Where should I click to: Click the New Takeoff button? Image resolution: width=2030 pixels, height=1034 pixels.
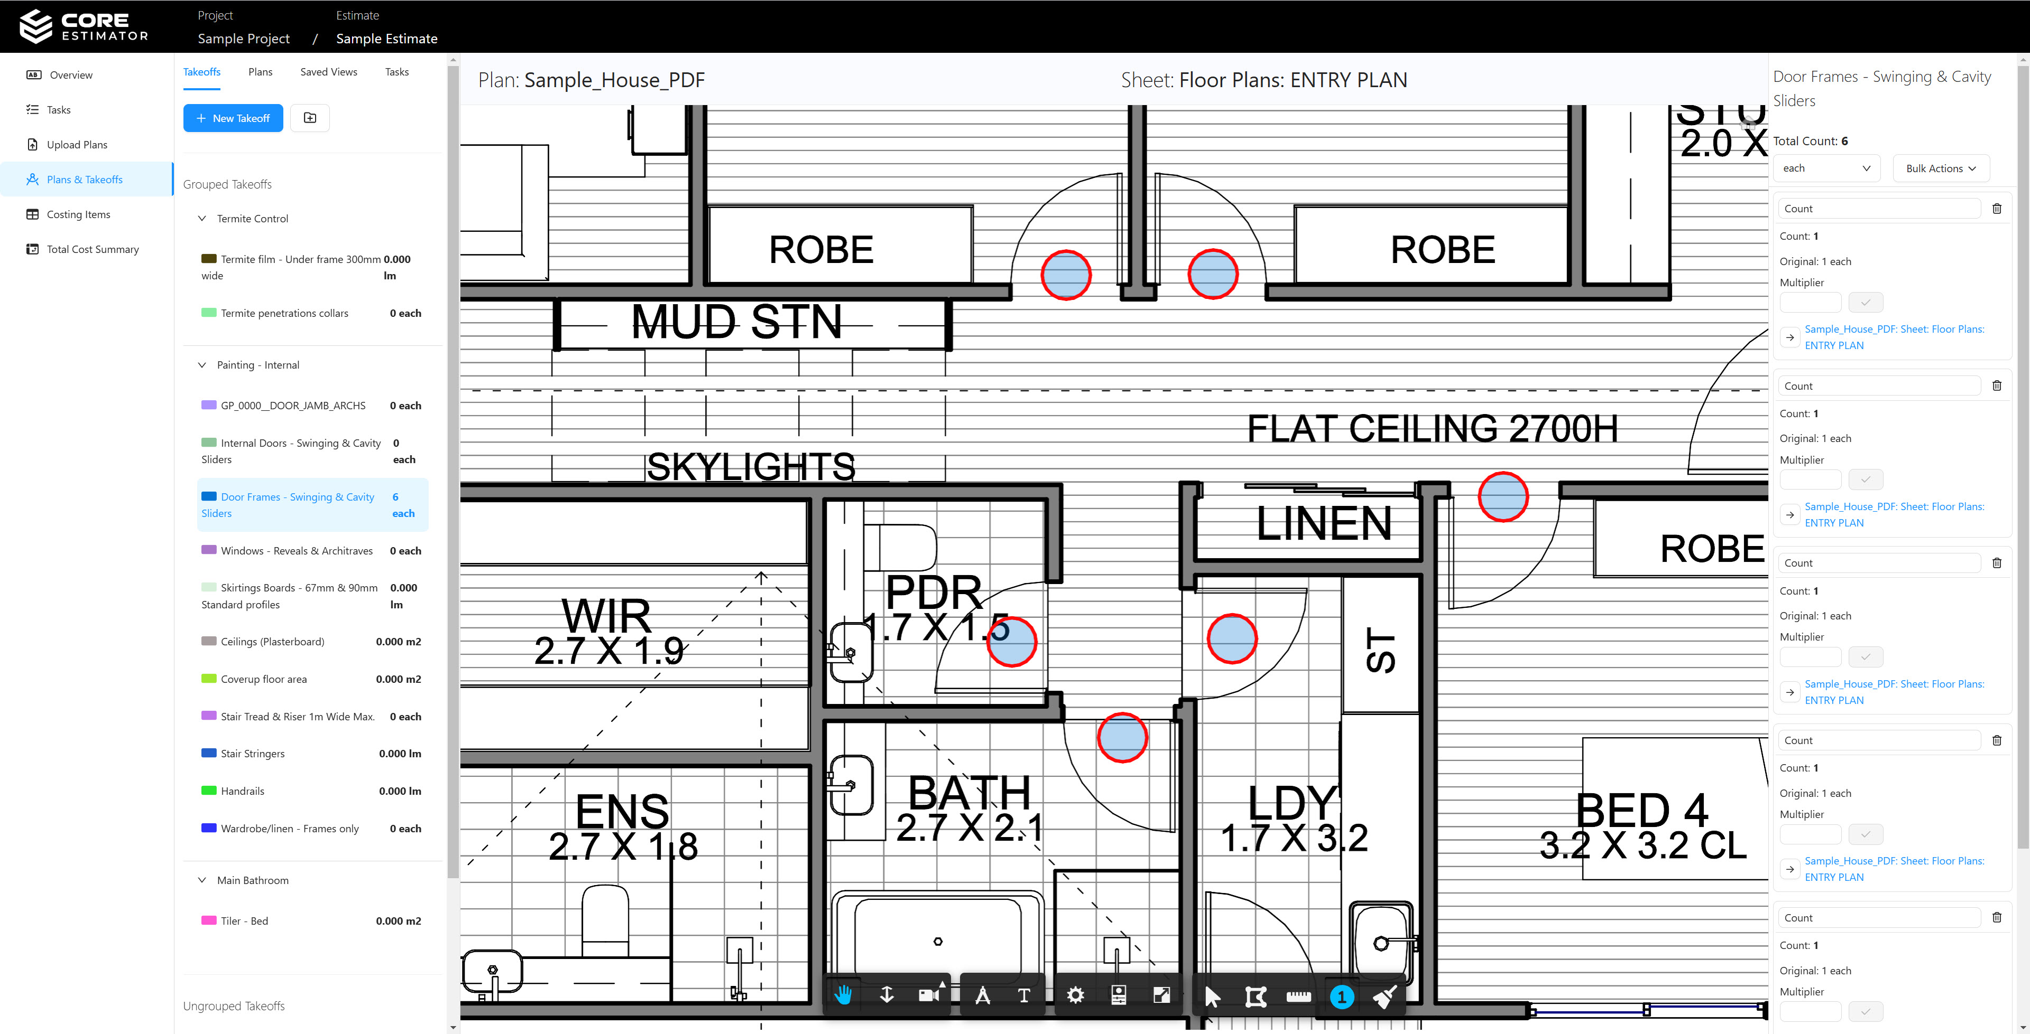pyautogui.click(x=233, y=118)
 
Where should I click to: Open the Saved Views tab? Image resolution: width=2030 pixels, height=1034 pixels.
pyautogui.click(x=329, y=72)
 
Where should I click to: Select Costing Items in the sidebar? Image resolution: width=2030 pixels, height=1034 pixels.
pyautogui.click(x=78, y=214)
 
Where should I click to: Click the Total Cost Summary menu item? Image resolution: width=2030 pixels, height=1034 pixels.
pyautogui.click(x=92, y=249)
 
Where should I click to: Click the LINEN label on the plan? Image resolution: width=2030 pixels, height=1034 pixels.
pyautogui.click(x=1323, y=523)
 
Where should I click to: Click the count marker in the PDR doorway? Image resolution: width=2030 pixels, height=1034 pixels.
pyautogui.click(x=1012, y=642)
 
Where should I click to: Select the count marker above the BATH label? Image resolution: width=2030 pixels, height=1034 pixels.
pyautogui.click(x=1122, y=737)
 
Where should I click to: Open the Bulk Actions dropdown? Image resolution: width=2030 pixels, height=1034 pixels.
pyautogui.click(x=1940, y=168)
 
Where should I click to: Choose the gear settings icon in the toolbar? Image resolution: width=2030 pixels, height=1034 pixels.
pyautogui.click(x=1075, y=995)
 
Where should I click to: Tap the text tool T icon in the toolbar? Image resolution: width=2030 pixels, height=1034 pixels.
pyautogui.click(x=1023, y=995)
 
